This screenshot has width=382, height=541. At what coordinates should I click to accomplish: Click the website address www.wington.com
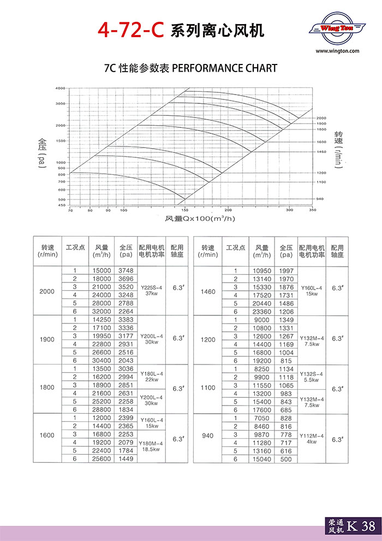click(x=337, y=51)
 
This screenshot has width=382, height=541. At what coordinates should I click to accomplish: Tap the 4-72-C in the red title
click(x=130, y=30)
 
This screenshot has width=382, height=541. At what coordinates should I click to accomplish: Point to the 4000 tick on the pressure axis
click(x=60, y=88)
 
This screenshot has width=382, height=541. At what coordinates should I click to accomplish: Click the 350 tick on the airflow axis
click(x=312, y=210)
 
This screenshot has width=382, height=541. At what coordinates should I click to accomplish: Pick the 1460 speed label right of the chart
click(x=321, y=151)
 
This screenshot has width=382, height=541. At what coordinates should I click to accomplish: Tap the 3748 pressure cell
click(x=126, y=270)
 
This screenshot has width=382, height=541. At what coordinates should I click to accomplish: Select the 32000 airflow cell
click(x=102, y=311)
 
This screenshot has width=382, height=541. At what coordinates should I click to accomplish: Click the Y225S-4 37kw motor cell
click(x=151, y=290)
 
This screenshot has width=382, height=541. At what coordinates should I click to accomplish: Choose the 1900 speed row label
click(x=47, y=339)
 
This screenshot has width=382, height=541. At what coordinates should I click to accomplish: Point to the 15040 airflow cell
click(x=262, y=459)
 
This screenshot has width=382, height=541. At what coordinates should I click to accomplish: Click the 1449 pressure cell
click(x=126, y=459)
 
